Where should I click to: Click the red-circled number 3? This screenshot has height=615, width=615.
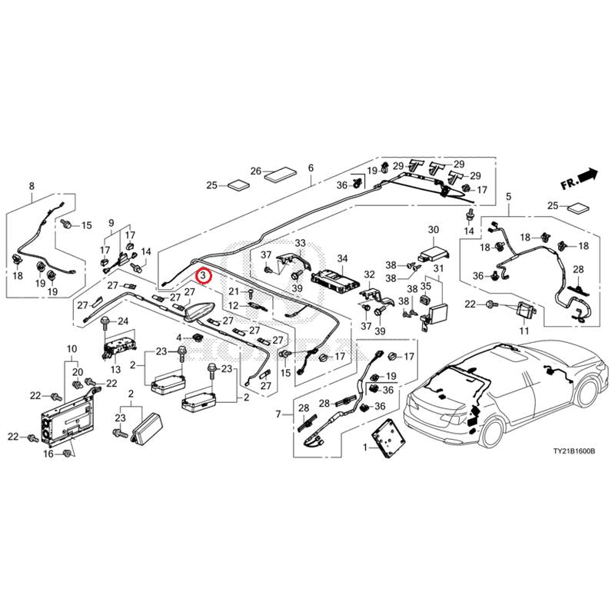tap(204, 276)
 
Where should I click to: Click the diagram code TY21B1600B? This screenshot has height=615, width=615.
tap(573, 451)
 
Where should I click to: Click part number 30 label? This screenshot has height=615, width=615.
tap(434, 229)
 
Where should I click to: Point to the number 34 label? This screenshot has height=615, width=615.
tap(342, 258)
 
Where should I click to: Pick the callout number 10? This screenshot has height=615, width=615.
tap(71, 349)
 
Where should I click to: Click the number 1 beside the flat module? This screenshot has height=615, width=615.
tap(366, 447)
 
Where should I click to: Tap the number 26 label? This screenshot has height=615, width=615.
tap(256, 171)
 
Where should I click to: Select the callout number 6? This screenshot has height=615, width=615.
tap(311, 168)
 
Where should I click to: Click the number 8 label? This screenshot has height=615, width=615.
tap(32, 186)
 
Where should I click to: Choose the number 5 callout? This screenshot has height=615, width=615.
tap(509, 197)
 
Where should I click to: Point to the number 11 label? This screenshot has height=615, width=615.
tap(524, 331)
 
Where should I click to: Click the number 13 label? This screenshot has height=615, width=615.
tap(116, 369)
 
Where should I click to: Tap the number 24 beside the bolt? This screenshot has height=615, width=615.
tap(123, 321)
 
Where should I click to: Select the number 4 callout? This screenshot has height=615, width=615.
tap(179, 337)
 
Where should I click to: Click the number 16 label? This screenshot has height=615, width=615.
tap(48, 454)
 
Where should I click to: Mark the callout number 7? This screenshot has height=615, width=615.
tap(278, 414)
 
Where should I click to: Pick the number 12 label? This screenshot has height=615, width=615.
tap(234, 305)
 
